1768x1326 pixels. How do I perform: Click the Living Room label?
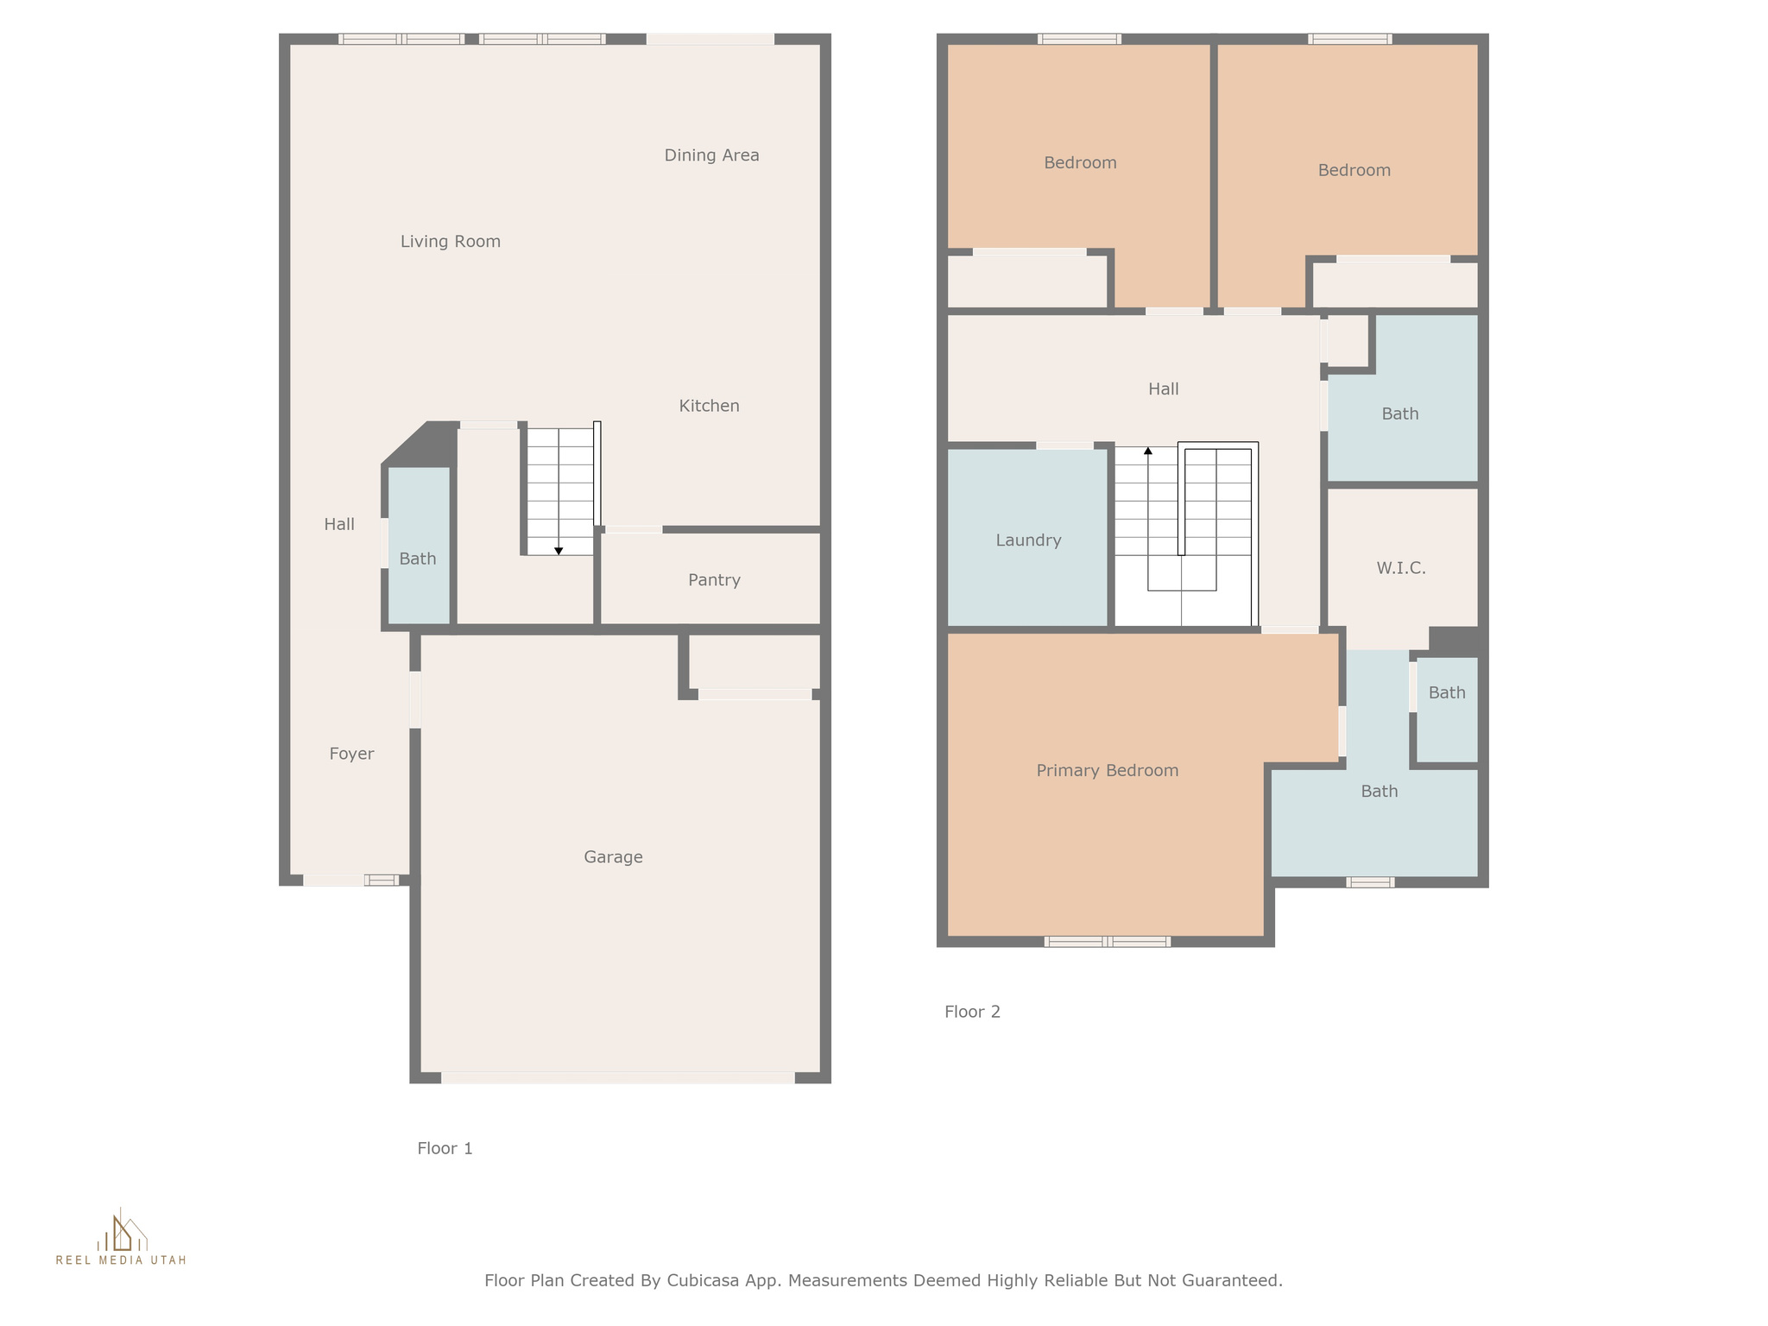click(x=451, y=242)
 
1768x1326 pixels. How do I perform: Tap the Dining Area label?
click(x=711, y=155)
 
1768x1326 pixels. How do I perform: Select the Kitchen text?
click(x=709, y=406)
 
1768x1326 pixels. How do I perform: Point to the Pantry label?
click(x=714, y=580)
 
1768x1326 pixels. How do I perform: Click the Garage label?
click(x=613, y=857)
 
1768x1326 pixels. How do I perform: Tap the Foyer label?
click(x=351, y=754)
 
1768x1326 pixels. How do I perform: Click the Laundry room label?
click(x=1028, y=540)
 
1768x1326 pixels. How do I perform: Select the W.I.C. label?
click(x=1401, y=568)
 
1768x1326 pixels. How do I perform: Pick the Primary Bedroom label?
click(x=1108, y=771)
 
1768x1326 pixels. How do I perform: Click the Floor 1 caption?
click(x=445, y=1148)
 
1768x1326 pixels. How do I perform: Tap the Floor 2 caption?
click(x=972, y=1012)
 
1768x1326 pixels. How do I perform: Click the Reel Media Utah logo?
click(x=121, y=1237)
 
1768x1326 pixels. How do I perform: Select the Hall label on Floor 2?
click(x=1163, y=389)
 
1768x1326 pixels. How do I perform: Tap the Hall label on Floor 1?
click(x=339, y=524)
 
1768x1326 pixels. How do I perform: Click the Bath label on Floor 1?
click(x=418, y=559)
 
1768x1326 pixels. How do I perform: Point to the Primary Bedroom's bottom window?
click(x=1108, y=941)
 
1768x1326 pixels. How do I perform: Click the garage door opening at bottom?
click(x=618, y=1077)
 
